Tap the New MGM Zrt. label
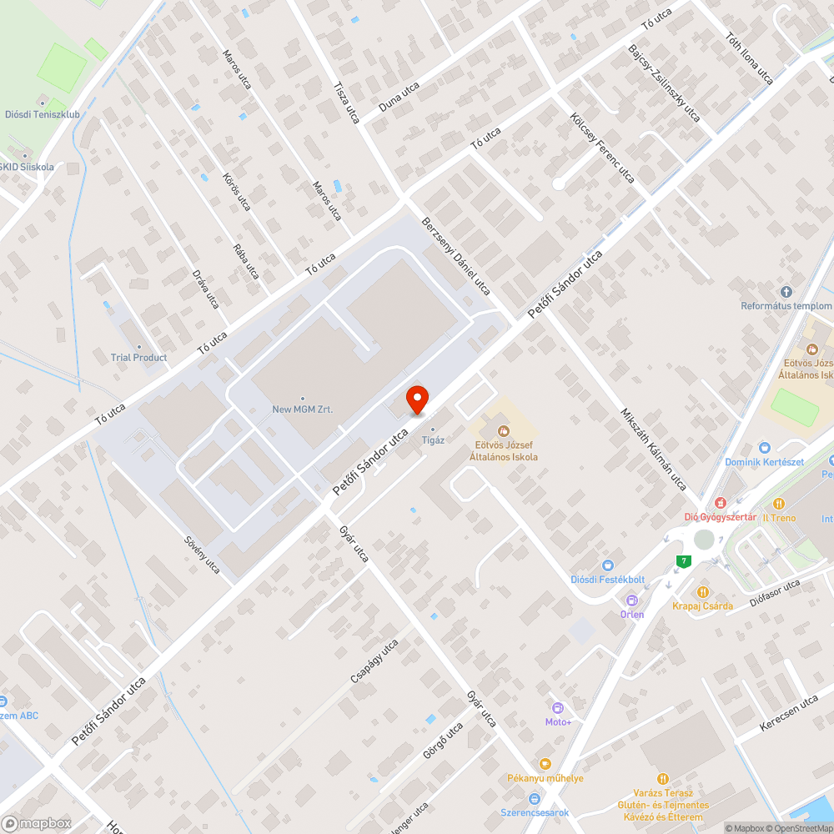tap(302, 409)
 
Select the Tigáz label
tap(432, 439)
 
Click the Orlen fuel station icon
tap(632, 600)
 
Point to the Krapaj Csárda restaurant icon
tap(702, 591)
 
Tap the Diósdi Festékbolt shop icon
tap(608, 565)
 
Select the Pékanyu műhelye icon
tap(545, 763)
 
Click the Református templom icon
tap(786, 291)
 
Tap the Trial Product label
tap(138, 357)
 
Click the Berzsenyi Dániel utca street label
tap(456, 257)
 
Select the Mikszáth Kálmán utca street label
tap(653, 448)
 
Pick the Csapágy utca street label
tap(374, 661)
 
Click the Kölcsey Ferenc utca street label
tap(602, 148)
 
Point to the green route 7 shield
tap(684, 561)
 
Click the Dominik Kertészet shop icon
tap(764, 448)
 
